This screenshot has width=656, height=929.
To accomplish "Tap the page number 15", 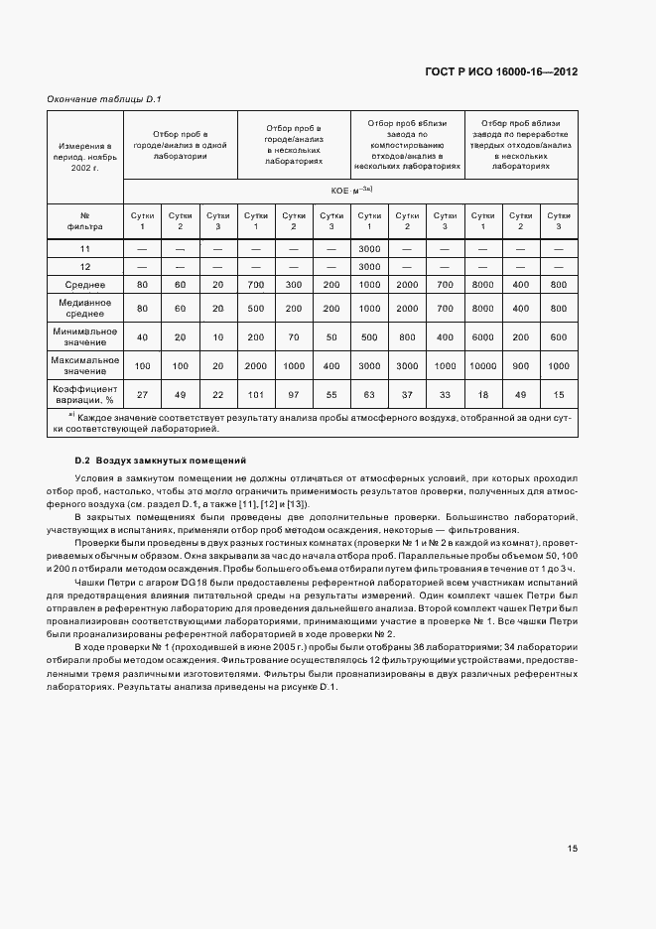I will (573, 849).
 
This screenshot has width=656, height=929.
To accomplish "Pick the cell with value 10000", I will (483, 365).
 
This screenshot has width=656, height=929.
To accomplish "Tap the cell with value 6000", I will (483, 336).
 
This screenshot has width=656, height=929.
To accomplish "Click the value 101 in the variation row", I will (256, 395).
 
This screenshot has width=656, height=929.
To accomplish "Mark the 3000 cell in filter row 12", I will (370, 266).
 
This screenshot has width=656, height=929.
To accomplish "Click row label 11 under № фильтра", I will (84, 248).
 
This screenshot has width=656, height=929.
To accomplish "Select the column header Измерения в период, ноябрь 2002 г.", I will (84, 156).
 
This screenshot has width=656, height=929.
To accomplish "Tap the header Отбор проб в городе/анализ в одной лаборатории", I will (180, 144).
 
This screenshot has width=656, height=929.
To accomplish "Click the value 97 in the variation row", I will (294, 395).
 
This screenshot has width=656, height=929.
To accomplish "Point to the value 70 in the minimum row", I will (294, 336).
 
